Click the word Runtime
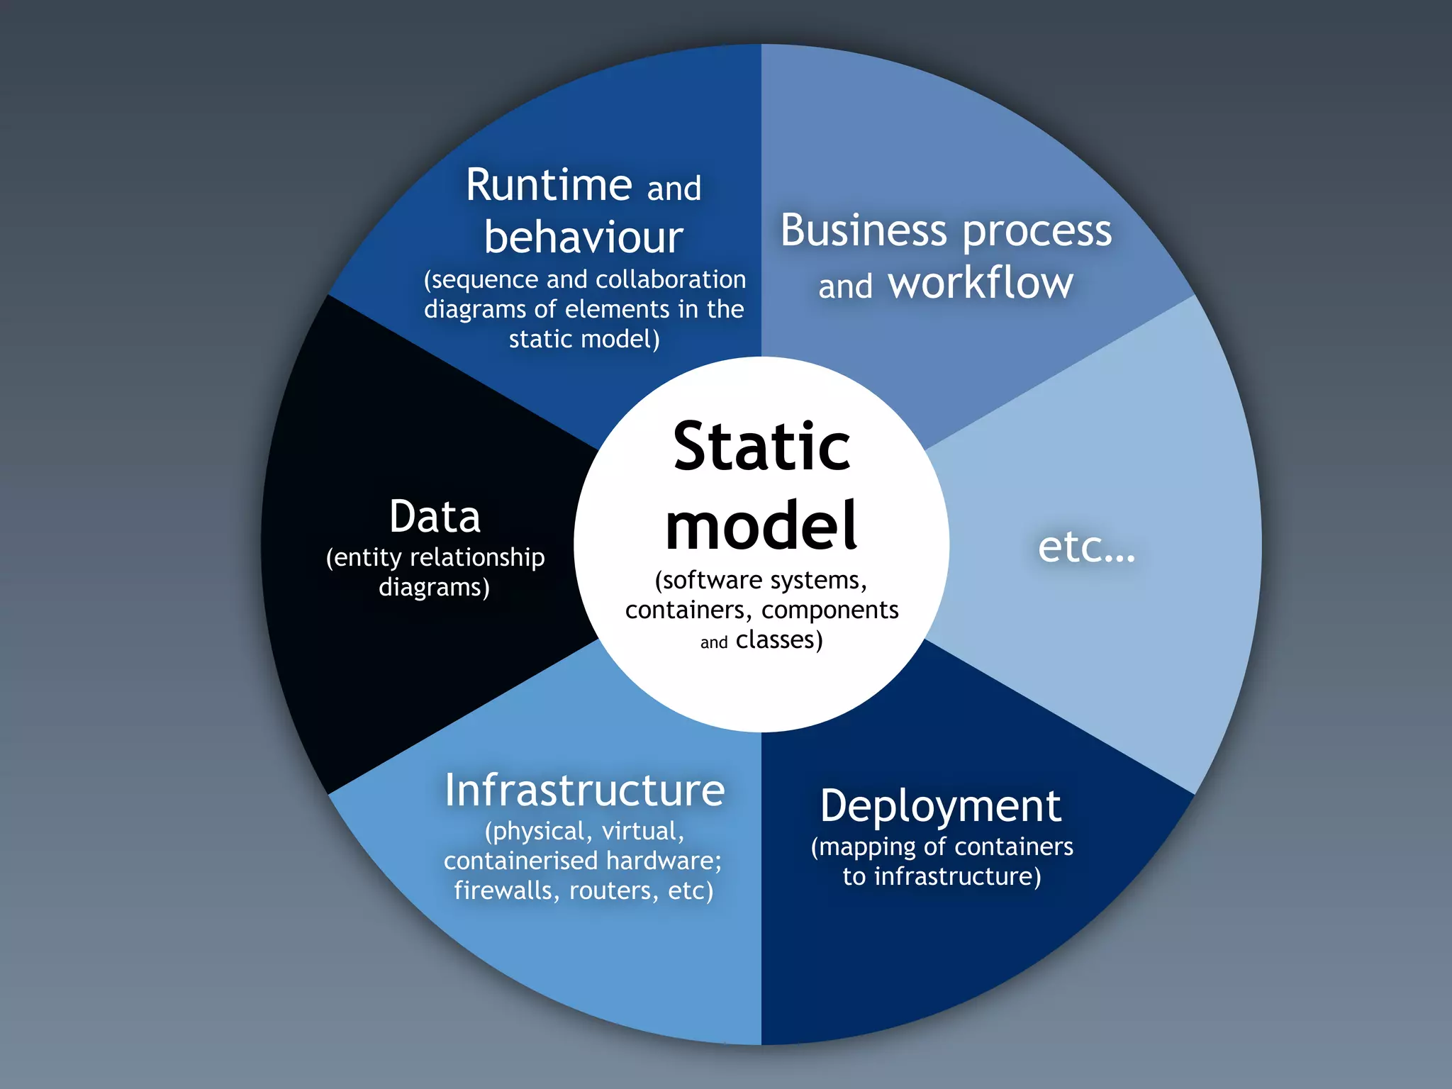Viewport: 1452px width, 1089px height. (x=548, y=186)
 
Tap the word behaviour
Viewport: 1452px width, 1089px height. (x=583, y=238)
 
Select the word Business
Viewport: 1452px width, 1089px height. (x=864, y=230)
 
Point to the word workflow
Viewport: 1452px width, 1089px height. (x=981, y=283)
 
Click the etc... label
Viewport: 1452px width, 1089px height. (x=1086, y=547)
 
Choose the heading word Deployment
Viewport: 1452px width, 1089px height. (x=940, y=807)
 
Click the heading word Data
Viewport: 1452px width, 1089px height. (x=435, y=516)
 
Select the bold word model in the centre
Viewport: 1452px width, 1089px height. (x=761, y=525)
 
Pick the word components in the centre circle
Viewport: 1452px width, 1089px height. (x=830, y=610)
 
